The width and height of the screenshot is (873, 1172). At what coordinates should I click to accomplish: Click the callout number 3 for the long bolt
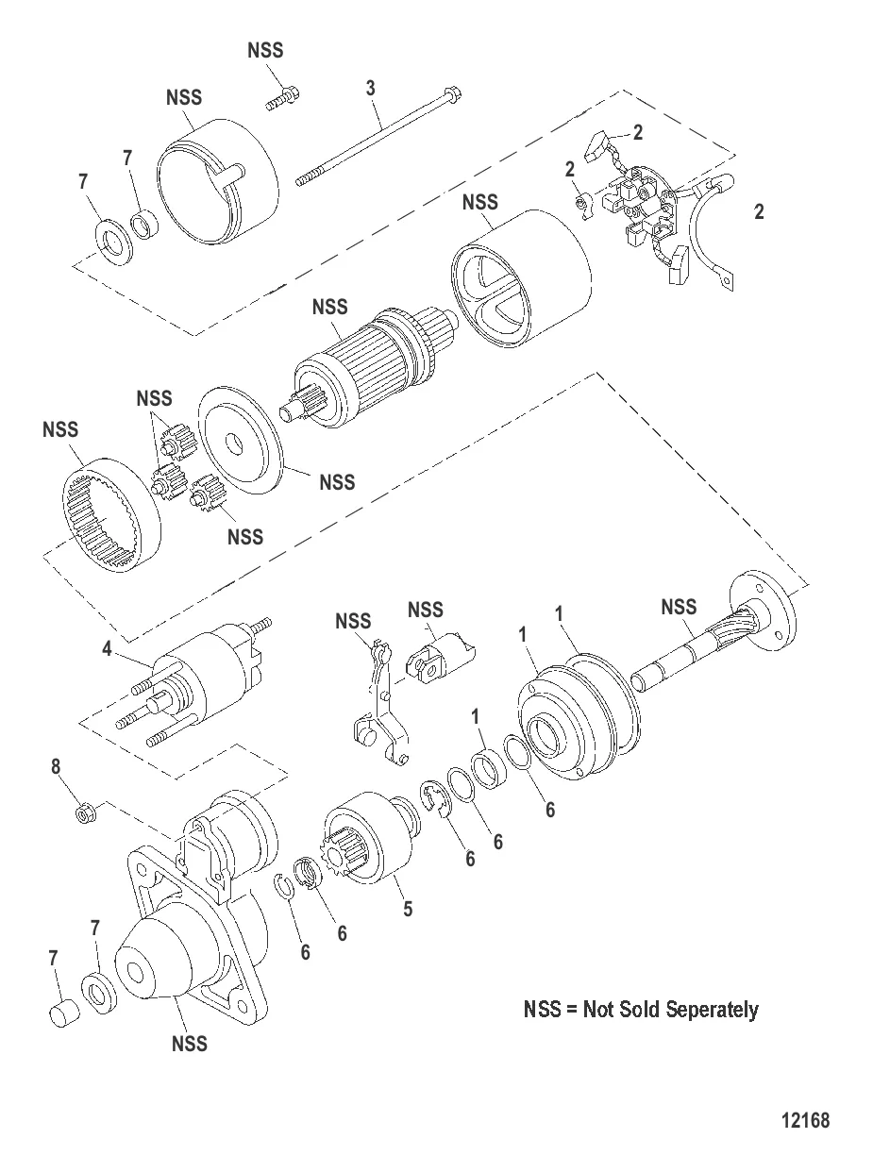coord(371,88)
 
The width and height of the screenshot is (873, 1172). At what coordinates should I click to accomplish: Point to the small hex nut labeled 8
coord(83,811)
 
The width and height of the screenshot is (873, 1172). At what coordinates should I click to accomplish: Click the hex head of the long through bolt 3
coord(453,94)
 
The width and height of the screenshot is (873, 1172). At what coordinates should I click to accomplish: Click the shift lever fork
coord(383,703)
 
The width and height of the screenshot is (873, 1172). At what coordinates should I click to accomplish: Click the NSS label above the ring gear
coord(60,430)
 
